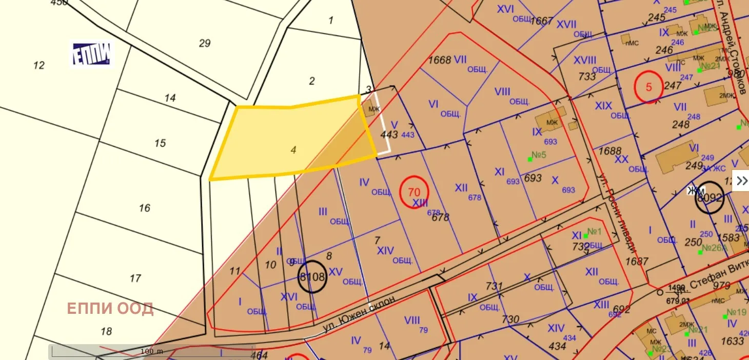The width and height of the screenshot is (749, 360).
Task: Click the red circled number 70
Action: click(414, 192)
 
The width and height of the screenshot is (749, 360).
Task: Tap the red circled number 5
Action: click(649, 87)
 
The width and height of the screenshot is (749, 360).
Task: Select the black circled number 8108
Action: click(312, 277)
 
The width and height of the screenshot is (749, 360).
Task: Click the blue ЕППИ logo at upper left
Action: click(92, 53)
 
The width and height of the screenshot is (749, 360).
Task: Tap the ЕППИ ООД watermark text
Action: click(110, 309)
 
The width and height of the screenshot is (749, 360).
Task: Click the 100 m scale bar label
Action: click(152, 351)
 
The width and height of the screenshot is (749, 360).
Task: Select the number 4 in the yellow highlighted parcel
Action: click(293, 150)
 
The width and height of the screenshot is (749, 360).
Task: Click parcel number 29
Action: click(205, 43)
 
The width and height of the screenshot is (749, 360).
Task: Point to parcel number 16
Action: click(145, 208)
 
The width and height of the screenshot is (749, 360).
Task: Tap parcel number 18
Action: click(106, 331)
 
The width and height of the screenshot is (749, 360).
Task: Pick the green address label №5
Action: click(538, 155)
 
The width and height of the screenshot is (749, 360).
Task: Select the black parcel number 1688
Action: click(610, 152)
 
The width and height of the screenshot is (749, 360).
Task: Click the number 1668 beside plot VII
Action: click(440, 60)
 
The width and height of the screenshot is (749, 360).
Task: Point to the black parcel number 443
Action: click(389, 134)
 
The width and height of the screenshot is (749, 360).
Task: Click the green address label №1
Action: click(594, 232)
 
